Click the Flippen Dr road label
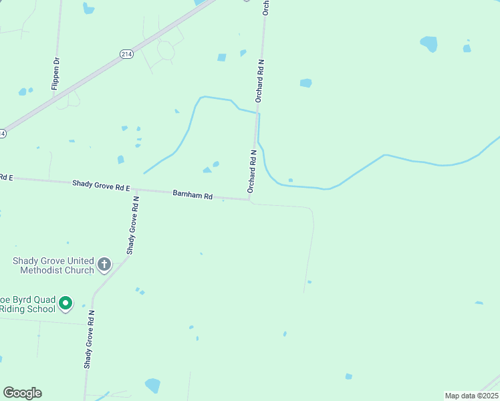55,73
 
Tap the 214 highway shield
126,54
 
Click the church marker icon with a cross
104,265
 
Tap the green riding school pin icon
66,303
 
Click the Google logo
22,393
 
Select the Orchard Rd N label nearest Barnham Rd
253,171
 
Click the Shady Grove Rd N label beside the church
133,225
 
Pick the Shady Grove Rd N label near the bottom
89,340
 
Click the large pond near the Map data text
153,386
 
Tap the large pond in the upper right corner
428,44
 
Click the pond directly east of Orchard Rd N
305,83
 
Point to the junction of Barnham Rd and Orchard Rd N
250,198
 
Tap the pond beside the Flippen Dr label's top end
88,9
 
